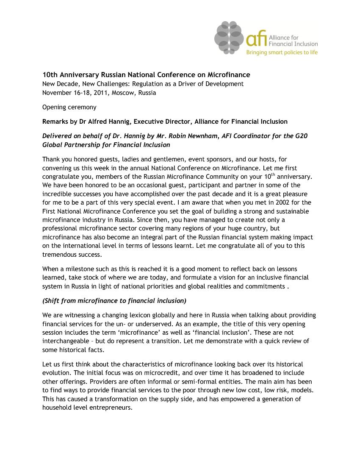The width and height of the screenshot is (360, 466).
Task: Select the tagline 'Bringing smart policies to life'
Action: click(x=282, y=53)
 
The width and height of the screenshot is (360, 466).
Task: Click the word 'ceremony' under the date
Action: click(x=83, y=107)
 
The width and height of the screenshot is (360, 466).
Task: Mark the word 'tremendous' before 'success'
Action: click(x=58, y=255)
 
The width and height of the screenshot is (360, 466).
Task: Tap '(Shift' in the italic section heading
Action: click(x=51, y=301)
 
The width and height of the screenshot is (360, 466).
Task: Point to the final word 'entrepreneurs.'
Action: click(x=112, y=408)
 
